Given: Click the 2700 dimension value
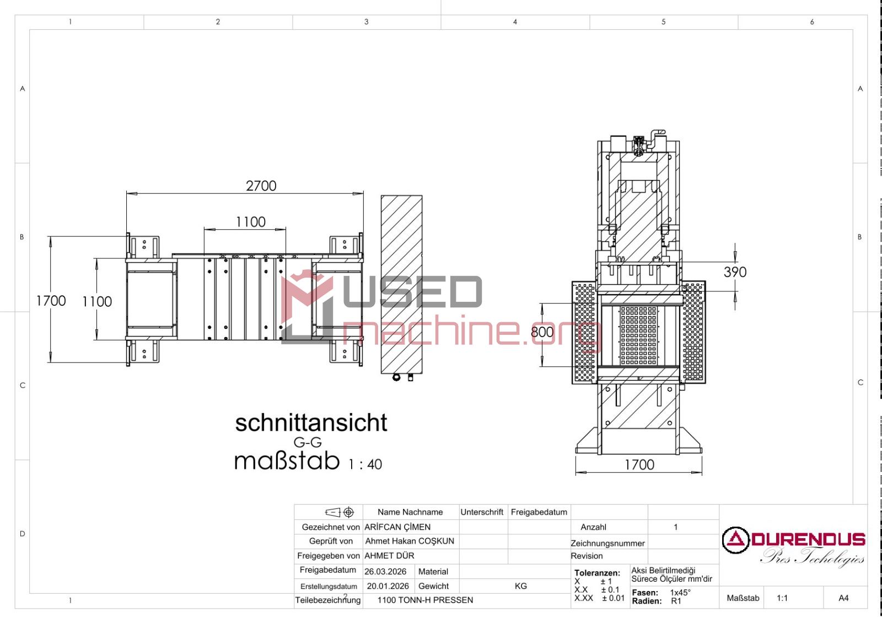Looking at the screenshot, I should (x=261, y=186).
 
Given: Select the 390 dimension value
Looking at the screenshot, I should (x=735, y=272).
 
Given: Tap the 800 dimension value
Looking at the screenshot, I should (x=542, y=332).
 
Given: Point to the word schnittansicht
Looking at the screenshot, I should (x=311, y=423).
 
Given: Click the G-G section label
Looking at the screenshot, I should (x=308, y=442).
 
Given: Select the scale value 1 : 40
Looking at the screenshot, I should (x=365, y=464).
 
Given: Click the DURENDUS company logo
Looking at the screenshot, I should (x=793, y=546).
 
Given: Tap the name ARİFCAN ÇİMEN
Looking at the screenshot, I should (x=397, y=527).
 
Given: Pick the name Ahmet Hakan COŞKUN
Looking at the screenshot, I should (x=410, y=541).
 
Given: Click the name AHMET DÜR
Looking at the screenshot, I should (x=389, y=556).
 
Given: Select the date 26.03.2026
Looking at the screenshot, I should (x=385, y=572).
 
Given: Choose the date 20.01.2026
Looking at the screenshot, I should (x=388, y=586).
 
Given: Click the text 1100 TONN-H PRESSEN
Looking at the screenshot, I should (x=425, y=600).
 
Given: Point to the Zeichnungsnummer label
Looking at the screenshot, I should (x=607, y=544).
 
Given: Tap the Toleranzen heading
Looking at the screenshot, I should (x=597, y=573).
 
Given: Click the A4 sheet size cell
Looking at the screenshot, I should (x=843, y=598).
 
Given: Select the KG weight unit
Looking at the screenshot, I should (x=520, y=586).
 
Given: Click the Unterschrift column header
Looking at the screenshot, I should (x=482, y=512).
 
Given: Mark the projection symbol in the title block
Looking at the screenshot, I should (x=340, y=512).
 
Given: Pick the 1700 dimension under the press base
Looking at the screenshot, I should (x=639, y=465).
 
